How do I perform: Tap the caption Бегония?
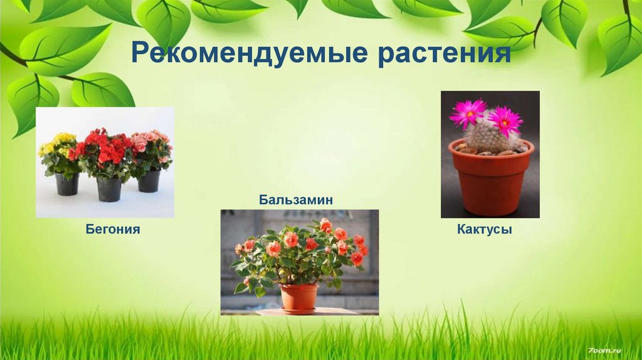pos(113,230)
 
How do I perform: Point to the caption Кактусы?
pos(485,230)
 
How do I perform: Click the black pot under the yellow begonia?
pos(67,184)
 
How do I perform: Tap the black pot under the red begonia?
pos(109,189)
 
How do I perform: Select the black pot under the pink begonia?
pos(149,181)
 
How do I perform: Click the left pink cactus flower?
pos(468,112)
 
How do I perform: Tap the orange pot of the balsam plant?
pos(298,296)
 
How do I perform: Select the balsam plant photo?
pos(300,262)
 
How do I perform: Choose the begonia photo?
pos(105,162)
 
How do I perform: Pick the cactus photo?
pos(490,154)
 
